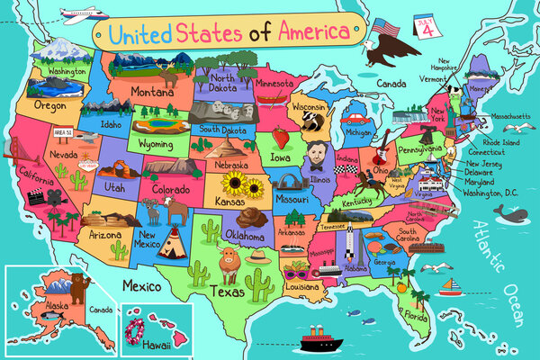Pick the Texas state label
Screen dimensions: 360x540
coord(227,292)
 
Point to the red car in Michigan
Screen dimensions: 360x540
coord(356,117)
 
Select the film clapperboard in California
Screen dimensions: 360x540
coord(37,196)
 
